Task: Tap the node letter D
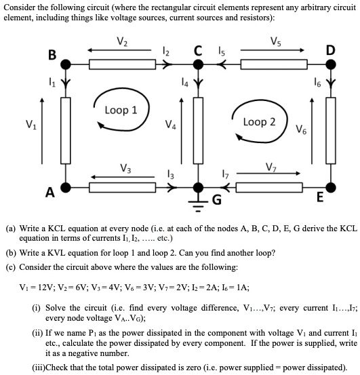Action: [330, 50]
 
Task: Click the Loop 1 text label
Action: [121, 110]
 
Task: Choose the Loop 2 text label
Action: [259, 122]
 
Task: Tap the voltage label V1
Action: [31, 124]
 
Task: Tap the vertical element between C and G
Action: [198, 125]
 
